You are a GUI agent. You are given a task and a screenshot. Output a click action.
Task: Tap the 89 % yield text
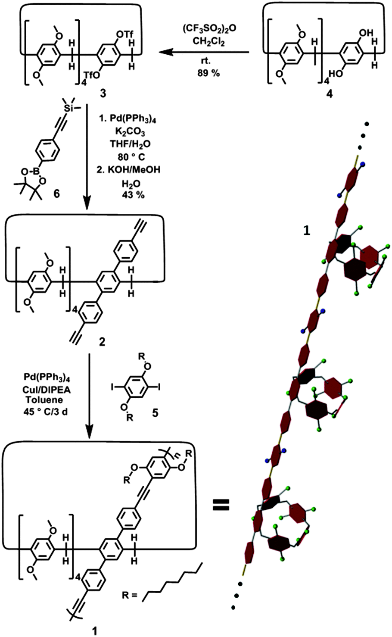click(x=209, y=73)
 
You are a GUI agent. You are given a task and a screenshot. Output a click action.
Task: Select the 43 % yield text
click(x=133, y=195)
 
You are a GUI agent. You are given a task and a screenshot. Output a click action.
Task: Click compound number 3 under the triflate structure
click(x=103, y=93)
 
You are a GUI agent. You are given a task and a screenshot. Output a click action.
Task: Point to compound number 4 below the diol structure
click(x=329, y=94)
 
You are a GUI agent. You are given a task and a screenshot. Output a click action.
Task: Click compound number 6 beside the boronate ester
click(x=56, y=194)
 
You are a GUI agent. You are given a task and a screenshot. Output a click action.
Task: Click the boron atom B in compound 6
click(x=37, y=172)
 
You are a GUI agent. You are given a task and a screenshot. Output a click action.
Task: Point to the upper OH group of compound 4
click(x=367, y=33)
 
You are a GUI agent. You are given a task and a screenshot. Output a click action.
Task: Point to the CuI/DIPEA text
click(x=47, y=389)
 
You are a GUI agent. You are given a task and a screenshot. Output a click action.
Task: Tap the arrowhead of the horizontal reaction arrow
click(x=165, y=52)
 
